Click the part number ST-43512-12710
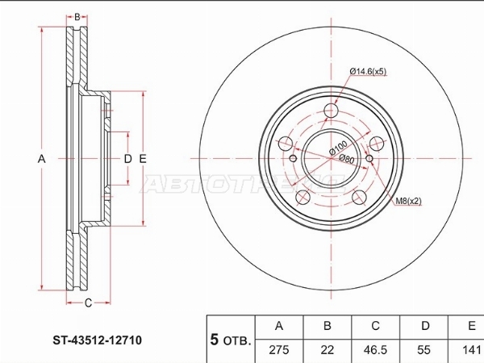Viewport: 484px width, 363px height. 98,340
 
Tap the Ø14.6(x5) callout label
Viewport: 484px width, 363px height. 368,72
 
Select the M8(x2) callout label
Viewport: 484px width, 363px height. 408,201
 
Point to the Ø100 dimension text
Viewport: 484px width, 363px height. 338,148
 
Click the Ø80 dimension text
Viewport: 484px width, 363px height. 347,159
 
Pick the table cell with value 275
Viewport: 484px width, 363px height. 279,350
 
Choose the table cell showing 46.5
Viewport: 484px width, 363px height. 375,350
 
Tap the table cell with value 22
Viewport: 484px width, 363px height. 328,350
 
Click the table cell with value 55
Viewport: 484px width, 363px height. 423,350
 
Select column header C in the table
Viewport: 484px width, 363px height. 375,326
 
